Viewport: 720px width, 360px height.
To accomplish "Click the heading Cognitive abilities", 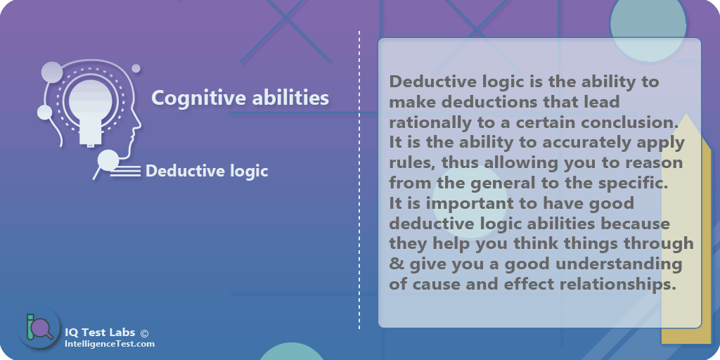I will (x=240, y=98).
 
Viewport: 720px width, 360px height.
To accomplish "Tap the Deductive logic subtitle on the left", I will (x=207, y=171).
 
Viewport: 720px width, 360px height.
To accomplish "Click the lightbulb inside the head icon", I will (x=88, y=106).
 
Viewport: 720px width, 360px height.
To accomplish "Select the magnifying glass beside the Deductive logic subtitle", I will (x=107, y=162).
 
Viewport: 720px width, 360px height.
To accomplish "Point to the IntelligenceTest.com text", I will (x=109, y=344).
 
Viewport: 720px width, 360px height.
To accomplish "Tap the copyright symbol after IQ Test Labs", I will (x=144, y=333).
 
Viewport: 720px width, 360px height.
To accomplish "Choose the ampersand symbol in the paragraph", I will (x=395, y=265).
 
